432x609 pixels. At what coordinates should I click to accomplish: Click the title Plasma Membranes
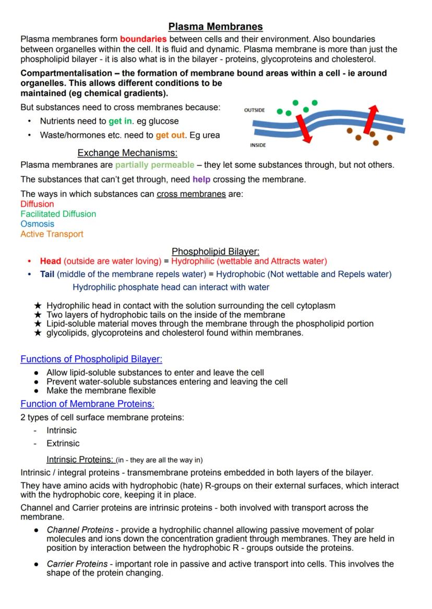point(215,27)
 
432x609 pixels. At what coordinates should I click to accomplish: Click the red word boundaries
point(143,39)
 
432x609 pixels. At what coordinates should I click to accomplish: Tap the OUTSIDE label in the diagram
point(254,110)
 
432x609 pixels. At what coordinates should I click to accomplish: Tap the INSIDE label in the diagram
point(257,145)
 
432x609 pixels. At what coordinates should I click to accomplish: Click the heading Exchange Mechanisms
point(127,153)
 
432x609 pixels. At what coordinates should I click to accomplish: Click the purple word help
point(201,180)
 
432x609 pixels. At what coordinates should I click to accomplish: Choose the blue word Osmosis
point(37,224)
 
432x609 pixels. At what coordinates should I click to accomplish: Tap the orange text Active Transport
point(52,234)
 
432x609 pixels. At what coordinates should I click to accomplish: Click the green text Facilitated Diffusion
point(58,214)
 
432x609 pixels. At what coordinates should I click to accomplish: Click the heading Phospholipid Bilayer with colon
point(215,252)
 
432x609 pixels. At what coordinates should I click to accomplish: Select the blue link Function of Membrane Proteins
point(87,404)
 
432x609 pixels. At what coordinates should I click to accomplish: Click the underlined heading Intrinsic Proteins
point(80,459)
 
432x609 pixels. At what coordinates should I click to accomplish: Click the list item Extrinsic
point(63,443)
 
